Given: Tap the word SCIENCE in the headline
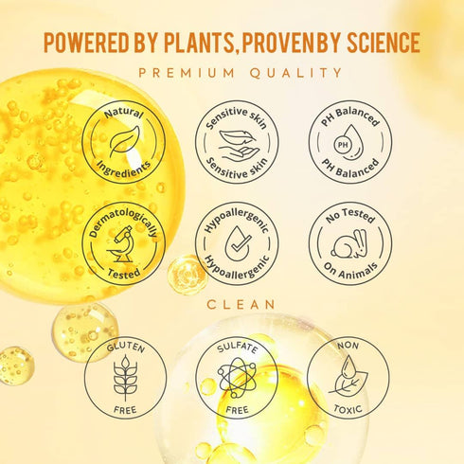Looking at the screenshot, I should click(371, 43).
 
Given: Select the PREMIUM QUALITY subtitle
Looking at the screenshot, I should click(232, 72).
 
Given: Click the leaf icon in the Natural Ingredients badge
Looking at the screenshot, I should click(124, 141).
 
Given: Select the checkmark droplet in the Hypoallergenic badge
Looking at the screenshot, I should click(237, 242).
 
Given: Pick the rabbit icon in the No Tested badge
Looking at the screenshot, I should click(349, 242).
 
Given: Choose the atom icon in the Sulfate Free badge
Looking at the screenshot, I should click(237, 379).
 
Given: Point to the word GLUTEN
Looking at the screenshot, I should click(125, 348).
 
